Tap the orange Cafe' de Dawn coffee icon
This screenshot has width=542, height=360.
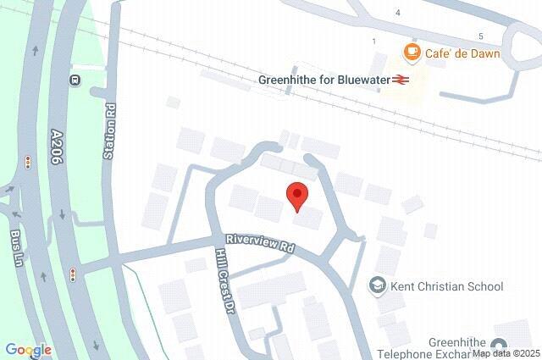pyautogui.click(x=412, y=53)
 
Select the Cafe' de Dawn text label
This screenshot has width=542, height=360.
pyautogui.click(x=462, y=53)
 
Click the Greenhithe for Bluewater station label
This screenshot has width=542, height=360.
pyautogui.click(x=324, y=80)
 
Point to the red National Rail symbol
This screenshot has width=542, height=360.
pyautogui.click(x=401, y=80)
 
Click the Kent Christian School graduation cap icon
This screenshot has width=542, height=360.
pyautogui.click(x=377, y=286)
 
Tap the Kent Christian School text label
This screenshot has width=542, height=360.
pyautogui.click(x=446, y=286)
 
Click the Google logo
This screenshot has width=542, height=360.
pyautogui.click(x=28, y=350)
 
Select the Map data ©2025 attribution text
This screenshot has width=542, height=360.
pyautogui.click(x=506, y=353)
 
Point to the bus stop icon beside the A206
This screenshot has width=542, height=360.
pyautogui.click(x=75, y=80)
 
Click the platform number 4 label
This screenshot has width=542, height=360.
pyautogui.click(x=398, y=12)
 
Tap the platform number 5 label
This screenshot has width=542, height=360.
pyautogui.click(x=480, y=36)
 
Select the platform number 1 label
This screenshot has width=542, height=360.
pyautogui.click(x=373, y=41)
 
